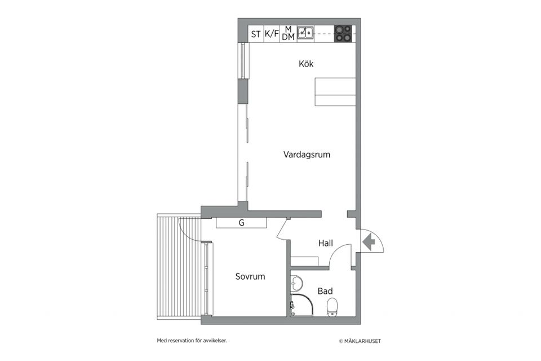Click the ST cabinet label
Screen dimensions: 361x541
pyautogui.click(x=256, y=34)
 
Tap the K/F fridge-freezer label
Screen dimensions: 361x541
pyautogui.click(x=272, y=34)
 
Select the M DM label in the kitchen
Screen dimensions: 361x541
pyautogui.click(x=288, y=33)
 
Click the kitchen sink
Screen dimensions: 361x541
pyautogui.click(x=305, y=33)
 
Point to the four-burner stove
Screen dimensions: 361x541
pyautogui.click(x=343, y=34)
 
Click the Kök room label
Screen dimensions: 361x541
pyautogui.click(x=306, y=64)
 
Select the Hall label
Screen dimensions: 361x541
pyautogui.click(x=325, y=243)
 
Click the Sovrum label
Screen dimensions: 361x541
pyautogui.click(x=250, y=276)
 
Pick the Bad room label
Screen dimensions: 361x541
pyautogui.click(x=325, y=291)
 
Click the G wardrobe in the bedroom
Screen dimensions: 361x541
pyautogui.click(x=241, y=223)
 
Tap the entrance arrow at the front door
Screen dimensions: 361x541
pyautogui.click(x=369, y=243)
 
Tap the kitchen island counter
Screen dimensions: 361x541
pyautogui.click(x=335, y=91)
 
